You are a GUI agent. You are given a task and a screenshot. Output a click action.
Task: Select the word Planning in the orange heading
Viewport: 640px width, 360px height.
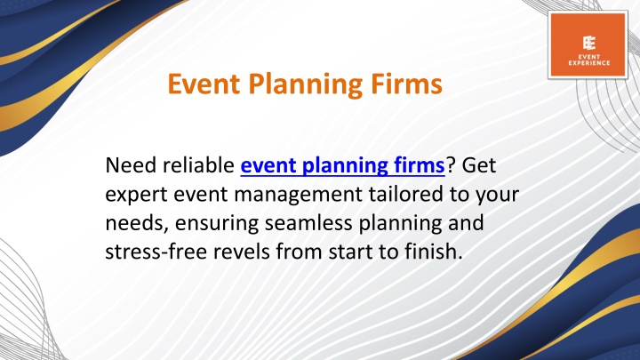[x=306, y=85]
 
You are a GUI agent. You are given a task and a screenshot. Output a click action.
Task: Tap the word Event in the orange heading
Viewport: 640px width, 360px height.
[x=204, y=84]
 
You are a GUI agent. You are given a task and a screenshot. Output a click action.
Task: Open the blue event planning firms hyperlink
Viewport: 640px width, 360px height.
[x=342, y=165]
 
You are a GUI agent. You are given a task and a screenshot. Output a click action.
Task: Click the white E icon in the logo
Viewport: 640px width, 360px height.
[x=589, y=43]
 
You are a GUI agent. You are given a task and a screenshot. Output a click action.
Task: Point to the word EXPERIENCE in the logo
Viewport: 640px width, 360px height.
[x=589, y=63]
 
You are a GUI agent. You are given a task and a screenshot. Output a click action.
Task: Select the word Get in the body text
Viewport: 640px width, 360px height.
[x=479, y=165]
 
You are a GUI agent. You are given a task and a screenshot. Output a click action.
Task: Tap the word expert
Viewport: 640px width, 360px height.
[x=136, y=195]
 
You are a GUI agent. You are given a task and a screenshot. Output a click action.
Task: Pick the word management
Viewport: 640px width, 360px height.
[x=298, y=195]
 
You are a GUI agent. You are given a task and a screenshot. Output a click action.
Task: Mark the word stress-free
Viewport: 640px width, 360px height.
[x=156, y=252]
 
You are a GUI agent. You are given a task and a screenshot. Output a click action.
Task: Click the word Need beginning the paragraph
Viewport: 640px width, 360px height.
[x=131, y=165]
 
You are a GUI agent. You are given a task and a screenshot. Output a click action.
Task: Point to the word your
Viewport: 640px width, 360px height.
[x=497, y=196]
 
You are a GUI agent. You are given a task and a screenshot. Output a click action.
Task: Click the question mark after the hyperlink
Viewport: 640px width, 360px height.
[x=450, y=165]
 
